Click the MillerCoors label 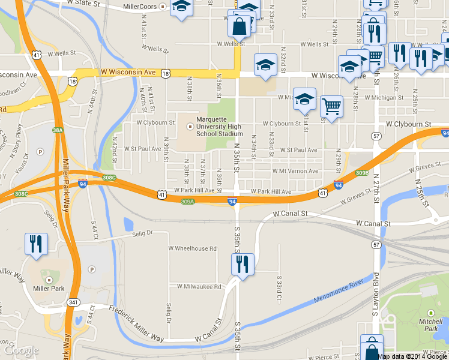click(x=139, y=7)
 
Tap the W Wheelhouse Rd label click(x=192, y=248)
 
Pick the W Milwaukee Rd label click(x=195, y=286)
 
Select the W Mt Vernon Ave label click(x=295, y=170)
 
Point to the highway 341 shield click(x=73, y=302)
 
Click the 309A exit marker click(x=187, y=202)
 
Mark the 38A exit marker click(x=58, y=130)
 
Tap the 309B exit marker click(x=362, y=173)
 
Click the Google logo click(x=21, y=350)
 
